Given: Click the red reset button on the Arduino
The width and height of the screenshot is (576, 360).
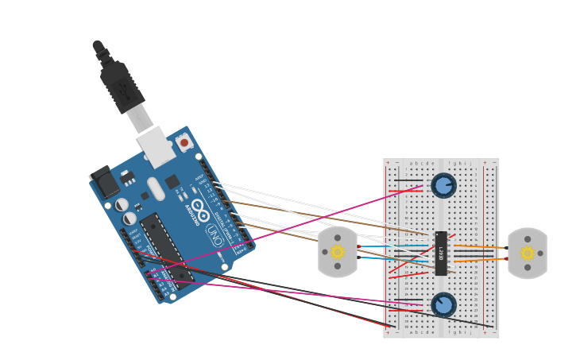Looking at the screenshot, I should tap(184, 142).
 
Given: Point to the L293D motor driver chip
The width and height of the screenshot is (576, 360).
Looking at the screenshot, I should tap(441, 254).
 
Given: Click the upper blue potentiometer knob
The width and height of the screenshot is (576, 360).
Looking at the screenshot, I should tap(443, 186).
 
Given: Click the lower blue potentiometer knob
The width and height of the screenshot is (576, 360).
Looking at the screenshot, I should tap(443, 304).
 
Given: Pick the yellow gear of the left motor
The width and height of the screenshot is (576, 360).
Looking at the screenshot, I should tap(338, 252).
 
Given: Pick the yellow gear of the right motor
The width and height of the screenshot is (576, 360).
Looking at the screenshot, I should tap(528, 253).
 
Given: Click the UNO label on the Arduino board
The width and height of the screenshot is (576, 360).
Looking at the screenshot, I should tap(214, 233).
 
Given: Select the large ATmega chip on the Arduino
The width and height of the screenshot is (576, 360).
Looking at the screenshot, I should tap(166, 246).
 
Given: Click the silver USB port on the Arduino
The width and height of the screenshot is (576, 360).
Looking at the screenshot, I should tap(154, 147).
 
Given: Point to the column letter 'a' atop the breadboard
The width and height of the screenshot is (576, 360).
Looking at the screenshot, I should tap(411, 163).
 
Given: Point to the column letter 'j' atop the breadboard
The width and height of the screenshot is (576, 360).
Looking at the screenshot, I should tap(470, 163).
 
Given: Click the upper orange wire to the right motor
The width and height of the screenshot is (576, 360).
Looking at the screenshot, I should tap(481, 247).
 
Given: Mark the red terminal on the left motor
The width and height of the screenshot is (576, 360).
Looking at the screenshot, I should tap(350, 246).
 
